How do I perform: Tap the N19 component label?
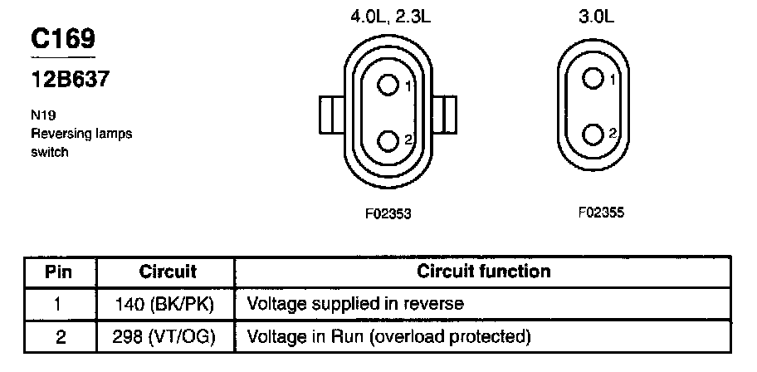(x=42, y=118)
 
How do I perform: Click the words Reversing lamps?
(x=81, y=134)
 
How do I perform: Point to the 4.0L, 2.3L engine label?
(x=388, y=16)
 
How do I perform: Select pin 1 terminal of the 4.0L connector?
(x=388, y=85)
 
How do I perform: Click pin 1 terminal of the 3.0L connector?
(x=592, y=78)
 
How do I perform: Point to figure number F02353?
(x=388, y=213)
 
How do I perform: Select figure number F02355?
(x=600, y=213)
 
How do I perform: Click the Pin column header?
(x=59, y=272)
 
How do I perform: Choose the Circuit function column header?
(x=483, y=272)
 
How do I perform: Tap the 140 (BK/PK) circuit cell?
(x=167, y=304)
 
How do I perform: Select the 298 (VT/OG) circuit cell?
(x=167, y=337)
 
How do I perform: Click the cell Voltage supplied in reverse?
(x=355, y=304)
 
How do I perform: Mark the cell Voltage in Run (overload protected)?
(x=388, y=337)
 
